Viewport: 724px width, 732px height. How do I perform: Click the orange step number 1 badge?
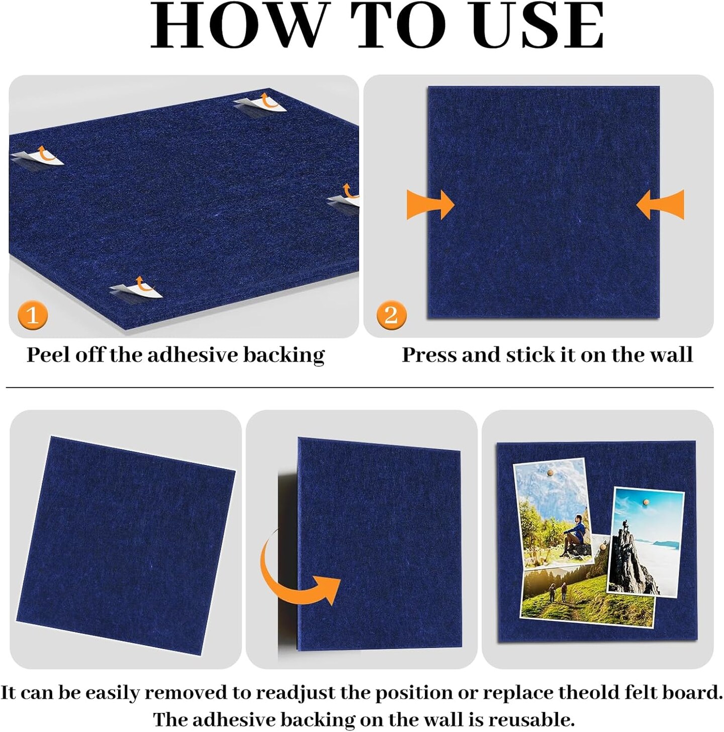(x=33, y=316)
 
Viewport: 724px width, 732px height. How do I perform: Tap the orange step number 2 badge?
(x=391, y=315)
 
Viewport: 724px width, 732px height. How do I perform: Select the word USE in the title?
(x=537, y=26)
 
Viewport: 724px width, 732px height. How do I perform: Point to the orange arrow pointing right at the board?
(x=430, y=204)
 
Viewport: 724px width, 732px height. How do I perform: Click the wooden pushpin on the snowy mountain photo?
(x=550, y=473)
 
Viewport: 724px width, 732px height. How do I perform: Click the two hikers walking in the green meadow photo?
(x=558, y=593)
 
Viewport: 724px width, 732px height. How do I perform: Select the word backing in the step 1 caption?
(x=284, y=355)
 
